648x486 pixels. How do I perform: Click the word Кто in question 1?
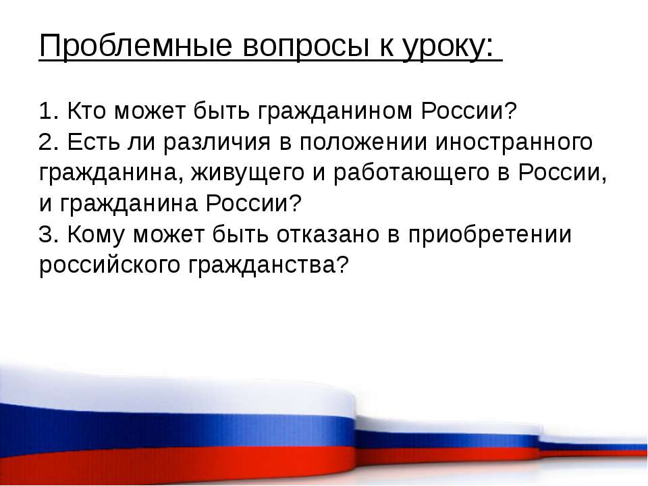[x=86, y=111]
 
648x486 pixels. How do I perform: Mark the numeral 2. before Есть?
[x=49, y=142]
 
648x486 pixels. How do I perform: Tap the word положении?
[x=363, y=142]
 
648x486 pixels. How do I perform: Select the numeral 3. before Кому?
[x=49, y=234]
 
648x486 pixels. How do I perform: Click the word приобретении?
[x=490, y=235]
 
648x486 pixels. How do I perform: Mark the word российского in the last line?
[x=109, y=265]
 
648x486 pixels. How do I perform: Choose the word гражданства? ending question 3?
[x=269, y=265]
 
